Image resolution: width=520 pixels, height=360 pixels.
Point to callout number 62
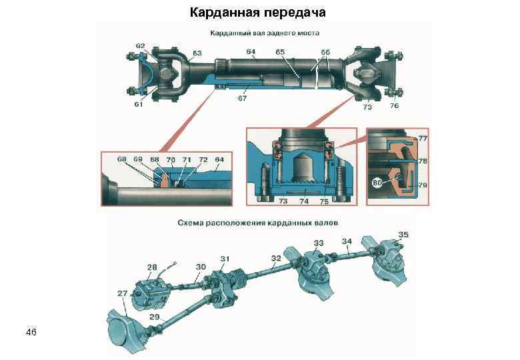point(141,46)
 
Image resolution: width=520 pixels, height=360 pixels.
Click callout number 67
point(242,99)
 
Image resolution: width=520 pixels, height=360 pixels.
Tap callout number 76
point(395,106)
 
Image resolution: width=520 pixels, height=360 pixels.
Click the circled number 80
point(377,182)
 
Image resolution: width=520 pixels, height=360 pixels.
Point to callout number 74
point(304,200)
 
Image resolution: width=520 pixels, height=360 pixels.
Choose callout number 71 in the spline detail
point(187,160)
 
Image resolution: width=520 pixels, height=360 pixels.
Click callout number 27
point(123,293)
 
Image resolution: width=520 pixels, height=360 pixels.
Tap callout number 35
point(403,235)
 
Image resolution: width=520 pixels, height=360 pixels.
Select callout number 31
point(225,259)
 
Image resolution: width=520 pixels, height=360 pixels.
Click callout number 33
point(319,243)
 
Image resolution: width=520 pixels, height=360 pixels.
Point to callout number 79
point(423,185)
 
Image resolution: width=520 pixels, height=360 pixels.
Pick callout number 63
point(197,53)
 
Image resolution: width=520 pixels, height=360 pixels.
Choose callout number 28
point(152,267)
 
